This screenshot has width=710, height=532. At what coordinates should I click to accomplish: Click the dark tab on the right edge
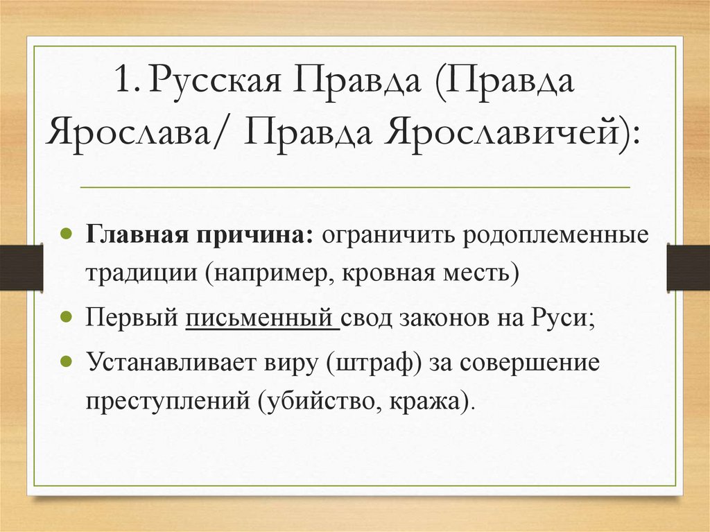click(688, 267)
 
